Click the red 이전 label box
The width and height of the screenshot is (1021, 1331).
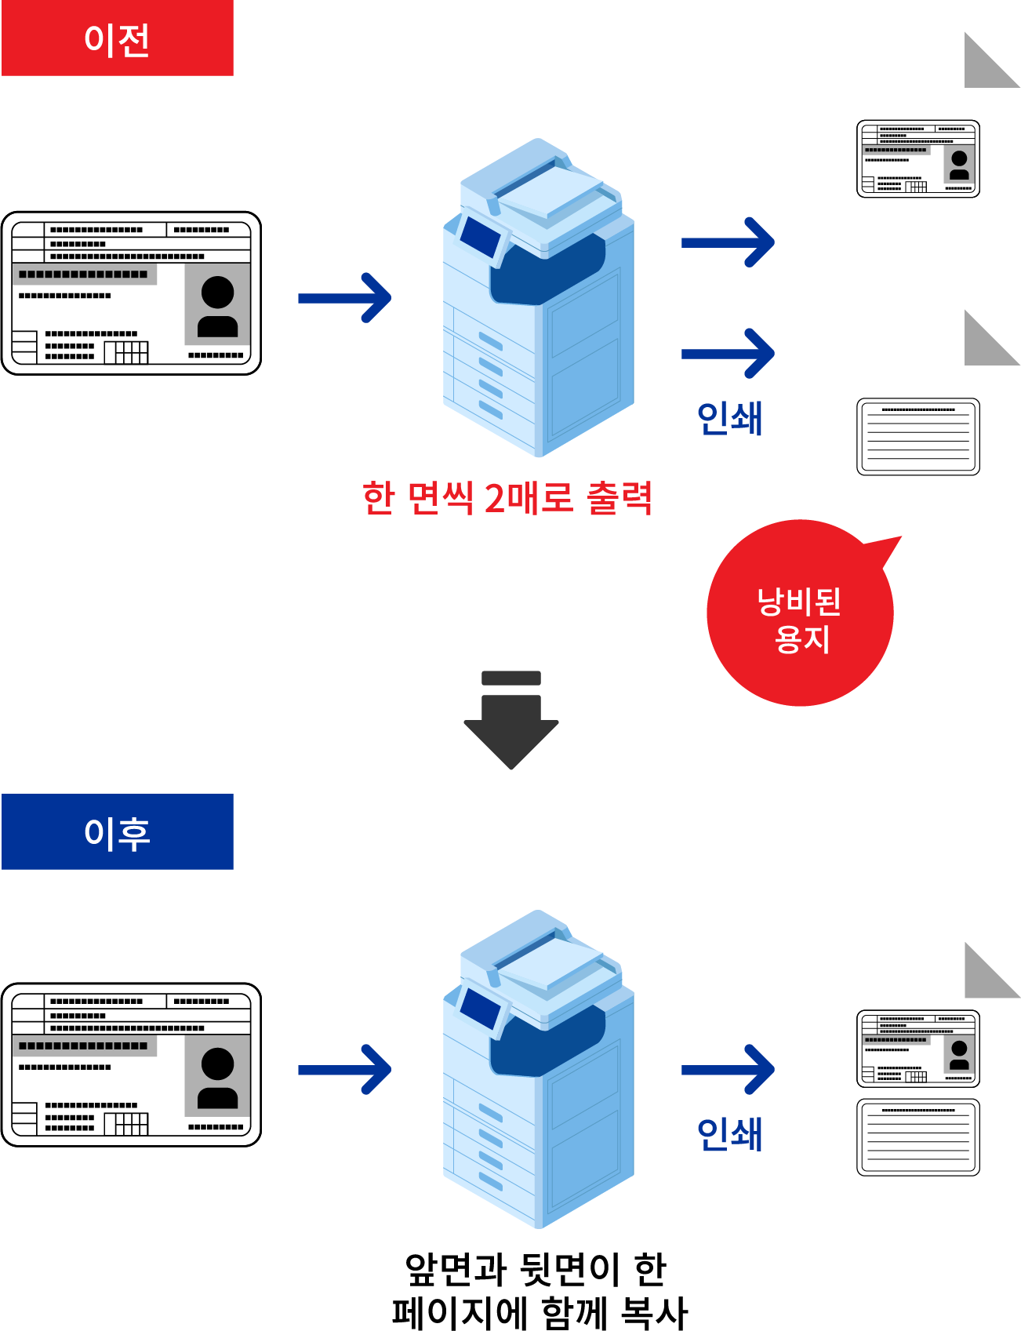pos(118,38)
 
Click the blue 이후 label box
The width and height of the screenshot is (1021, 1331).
pos(118,831)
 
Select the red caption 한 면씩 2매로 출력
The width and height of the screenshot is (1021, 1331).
pos(507,497)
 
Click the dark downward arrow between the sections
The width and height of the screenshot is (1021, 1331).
pos(511,720)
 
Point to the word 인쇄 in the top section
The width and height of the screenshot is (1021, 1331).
pos(730,418)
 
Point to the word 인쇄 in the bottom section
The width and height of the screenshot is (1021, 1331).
pos(730,1134)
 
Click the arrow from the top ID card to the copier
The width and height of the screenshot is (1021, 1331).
pos(345,298)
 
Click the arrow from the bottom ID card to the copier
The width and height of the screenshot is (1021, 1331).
pos(345,1070)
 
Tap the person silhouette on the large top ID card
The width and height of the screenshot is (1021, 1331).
pos(217,306)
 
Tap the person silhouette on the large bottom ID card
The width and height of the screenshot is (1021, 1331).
pos(217,1078)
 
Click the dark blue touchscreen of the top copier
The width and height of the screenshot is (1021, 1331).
pos(481,238)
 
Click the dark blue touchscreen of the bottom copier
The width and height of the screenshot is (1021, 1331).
pos(481,1009)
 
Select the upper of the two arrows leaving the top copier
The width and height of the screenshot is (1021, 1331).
pos(728,242)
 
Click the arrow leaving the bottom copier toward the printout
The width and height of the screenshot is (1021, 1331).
pos(728,1069)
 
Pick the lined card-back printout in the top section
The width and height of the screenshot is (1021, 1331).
pos(918,437)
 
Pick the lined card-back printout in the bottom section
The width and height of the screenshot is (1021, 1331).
pos(918,1137)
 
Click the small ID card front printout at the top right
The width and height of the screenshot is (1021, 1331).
pos(918,158)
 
